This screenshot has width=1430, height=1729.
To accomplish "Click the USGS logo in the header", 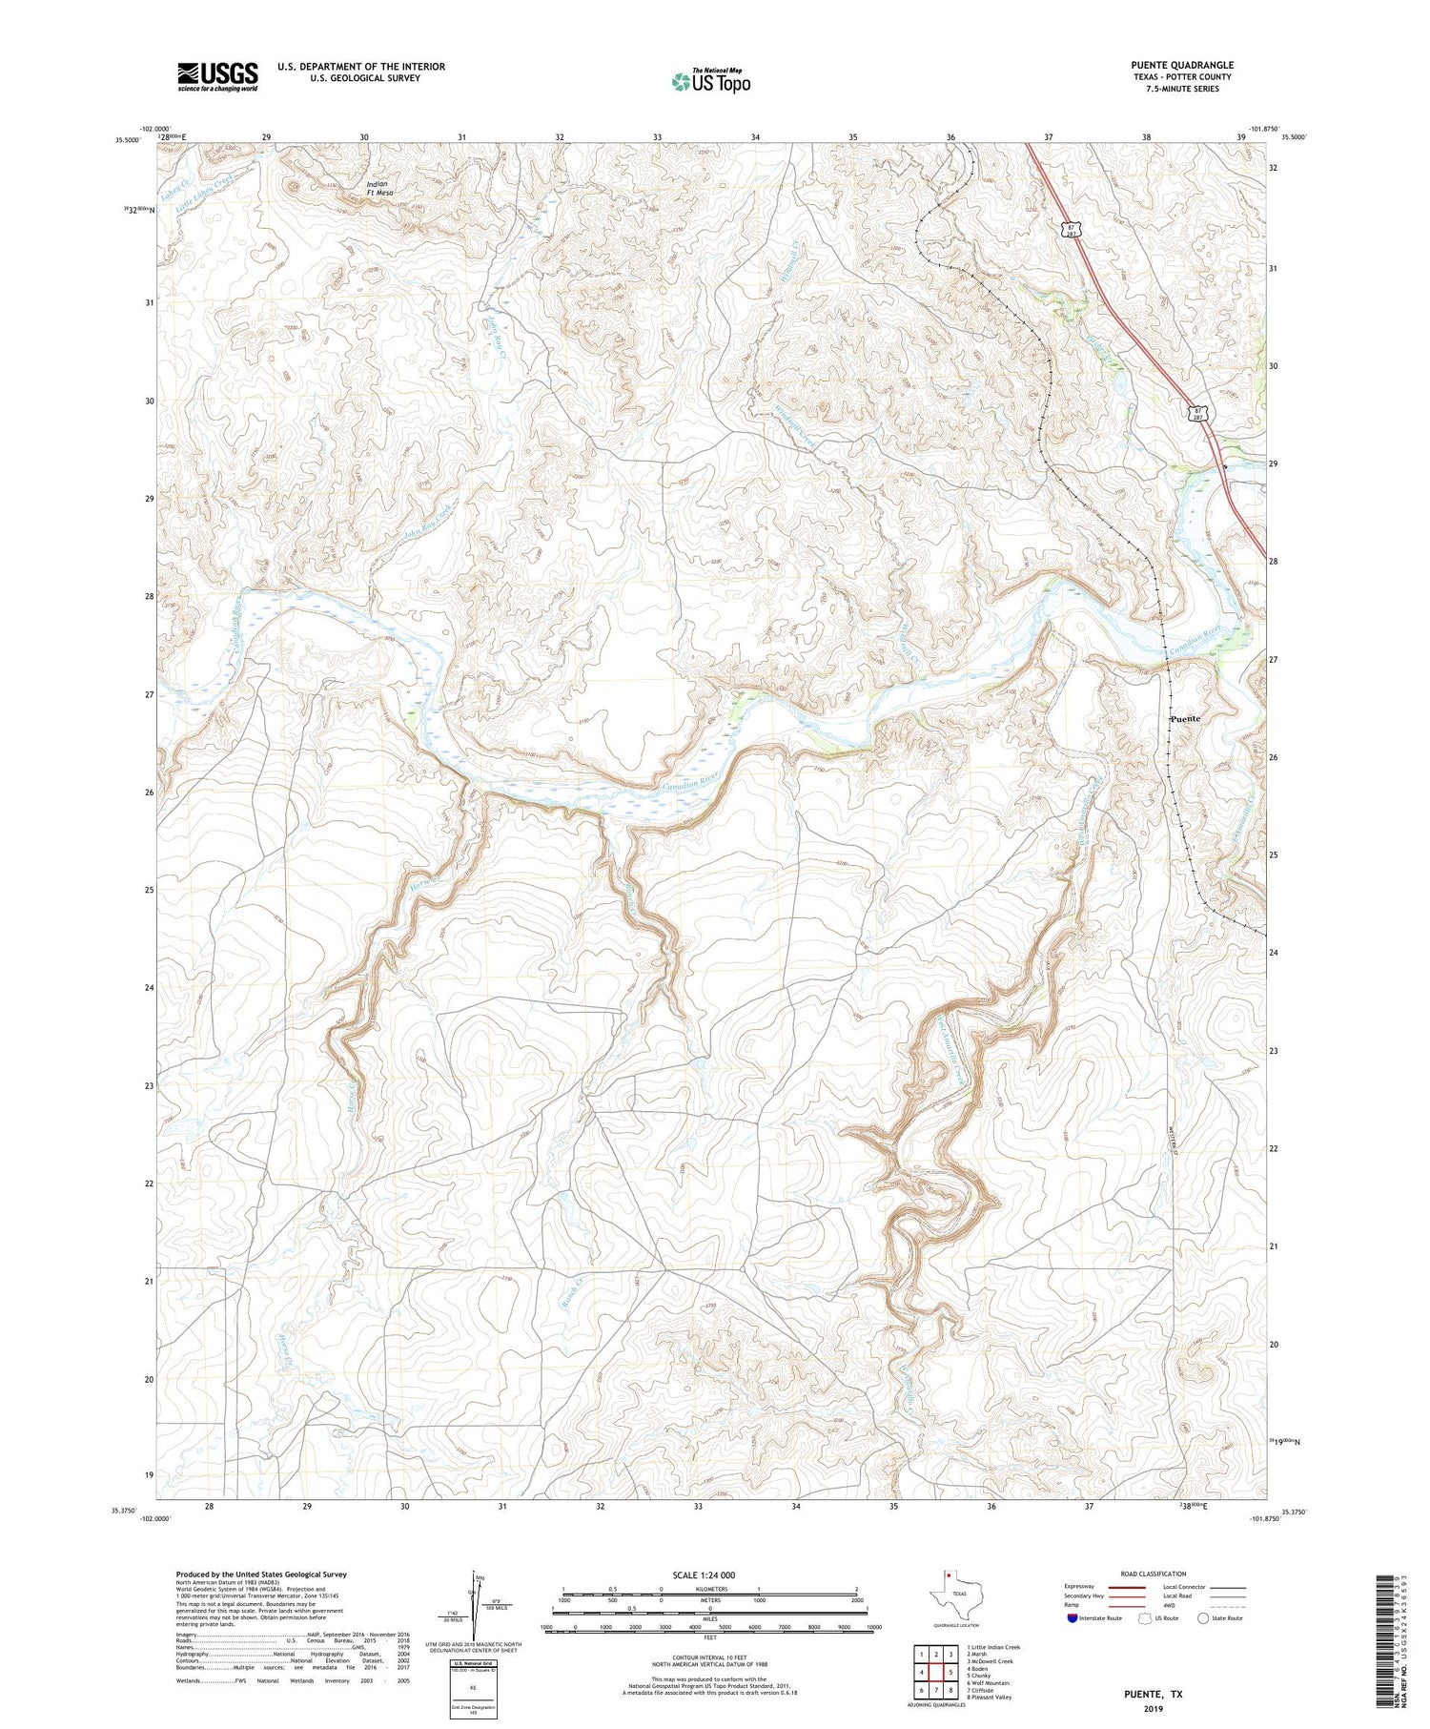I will pos(217,76).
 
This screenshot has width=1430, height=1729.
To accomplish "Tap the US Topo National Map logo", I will pos(710,81).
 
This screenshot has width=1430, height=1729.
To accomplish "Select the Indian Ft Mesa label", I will pos(379,188).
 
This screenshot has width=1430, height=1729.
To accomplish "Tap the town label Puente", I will pos(1186,718).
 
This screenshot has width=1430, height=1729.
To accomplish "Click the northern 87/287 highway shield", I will pos(1072,230).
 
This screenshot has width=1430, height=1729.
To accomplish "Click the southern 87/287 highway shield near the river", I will pos(1195,412).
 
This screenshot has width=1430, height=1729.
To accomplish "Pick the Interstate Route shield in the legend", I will pos(1072,1617).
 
